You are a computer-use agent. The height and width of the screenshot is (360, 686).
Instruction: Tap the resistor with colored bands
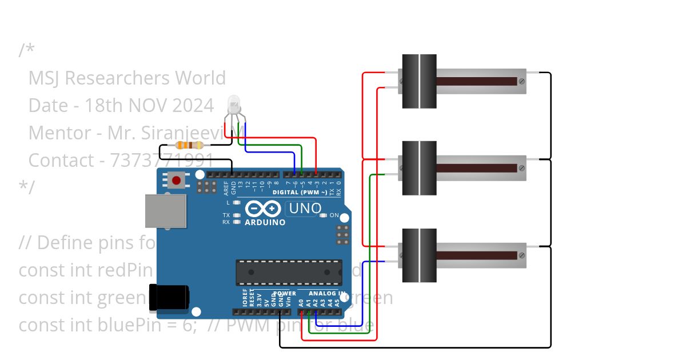[189, 145]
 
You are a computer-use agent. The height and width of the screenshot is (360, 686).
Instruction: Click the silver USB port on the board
[165, 210]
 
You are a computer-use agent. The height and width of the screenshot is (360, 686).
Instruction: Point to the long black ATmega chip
[289, 272]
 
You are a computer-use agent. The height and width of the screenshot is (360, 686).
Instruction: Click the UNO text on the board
[305, 209]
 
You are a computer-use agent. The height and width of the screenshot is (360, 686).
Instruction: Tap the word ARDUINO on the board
[265, 222]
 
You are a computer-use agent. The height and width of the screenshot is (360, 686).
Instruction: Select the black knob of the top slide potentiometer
[419, 81]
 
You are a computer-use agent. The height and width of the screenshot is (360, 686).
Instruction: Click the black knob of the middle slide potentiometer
[419, 168]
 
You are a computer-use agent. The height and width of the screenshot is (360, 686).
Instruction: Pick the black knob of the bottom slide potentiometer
[419, 255]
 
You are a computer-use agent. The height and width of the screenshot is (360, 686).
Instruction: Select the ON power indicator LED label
[334, 216]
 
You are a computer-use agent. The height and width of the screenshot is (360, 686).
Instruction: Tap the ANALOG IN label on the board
[327, 294]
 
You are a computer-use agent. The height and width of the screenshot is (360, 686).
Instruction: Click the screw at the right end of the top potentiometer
[521, 81]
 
